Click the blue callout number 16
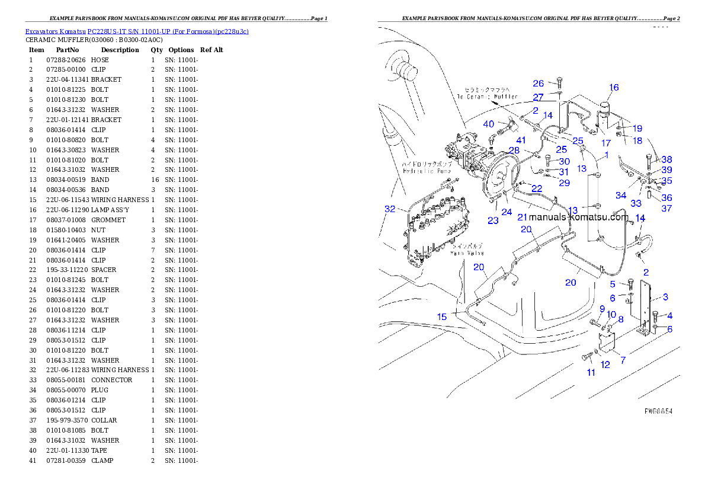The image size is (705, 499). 614,87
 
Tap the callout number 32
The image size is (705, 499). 389,209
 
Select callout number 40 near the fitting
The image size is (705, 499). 488,124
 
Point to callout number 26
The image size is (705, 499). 538,84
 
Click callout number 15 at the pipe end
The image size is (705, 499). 442,316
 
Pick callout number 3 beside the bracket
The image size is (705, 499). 665,297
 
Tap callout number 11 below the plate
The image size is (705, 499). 591,372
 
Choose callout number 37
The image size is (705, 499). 667,208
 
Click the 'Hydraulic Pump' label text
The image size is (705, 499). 427,171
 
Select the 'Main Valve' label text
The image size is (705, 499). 467,253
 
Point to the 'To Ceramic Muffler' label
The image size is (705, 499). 487,97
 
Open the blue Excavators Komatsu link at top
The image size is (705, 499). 137,31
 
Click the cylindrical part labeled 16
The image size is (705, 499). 605,114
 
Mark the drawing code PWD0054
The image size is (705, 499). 658,411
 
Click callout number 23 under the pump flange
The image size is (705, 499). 493,220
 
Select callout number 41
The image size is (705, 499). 520,140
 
